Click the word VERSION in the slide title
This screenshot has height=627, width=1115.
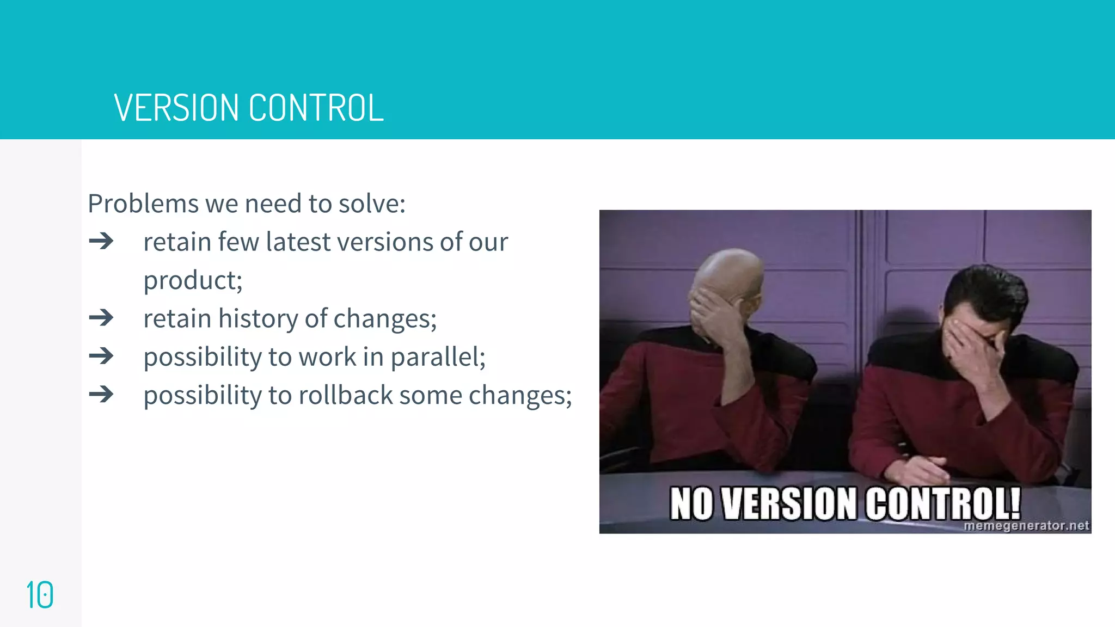click(x=176, y=108)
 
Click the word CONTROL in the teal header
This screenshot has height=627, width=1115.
click(x=316, y=108)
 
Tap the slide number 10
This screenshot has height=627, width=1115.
click(x=40, y=595)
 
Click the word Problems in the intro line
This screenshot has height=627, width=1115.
click(x=143, y=204)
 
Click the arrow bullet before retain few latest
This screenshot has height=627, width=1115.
click(x=101, y=241)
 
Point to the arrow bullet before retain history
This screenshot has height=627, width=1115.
click(x=101, y=318)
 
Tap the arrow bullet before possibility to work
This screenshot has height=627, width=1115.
click(x=101, y=356)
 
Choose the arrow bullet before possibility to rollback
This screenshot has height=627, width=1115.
click(x=101, y=395)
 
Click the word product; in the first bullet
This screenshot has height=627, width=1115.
click(x=193, y=281)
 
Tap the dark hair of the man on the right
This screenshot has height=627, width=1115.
click(x=985, y=288)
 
